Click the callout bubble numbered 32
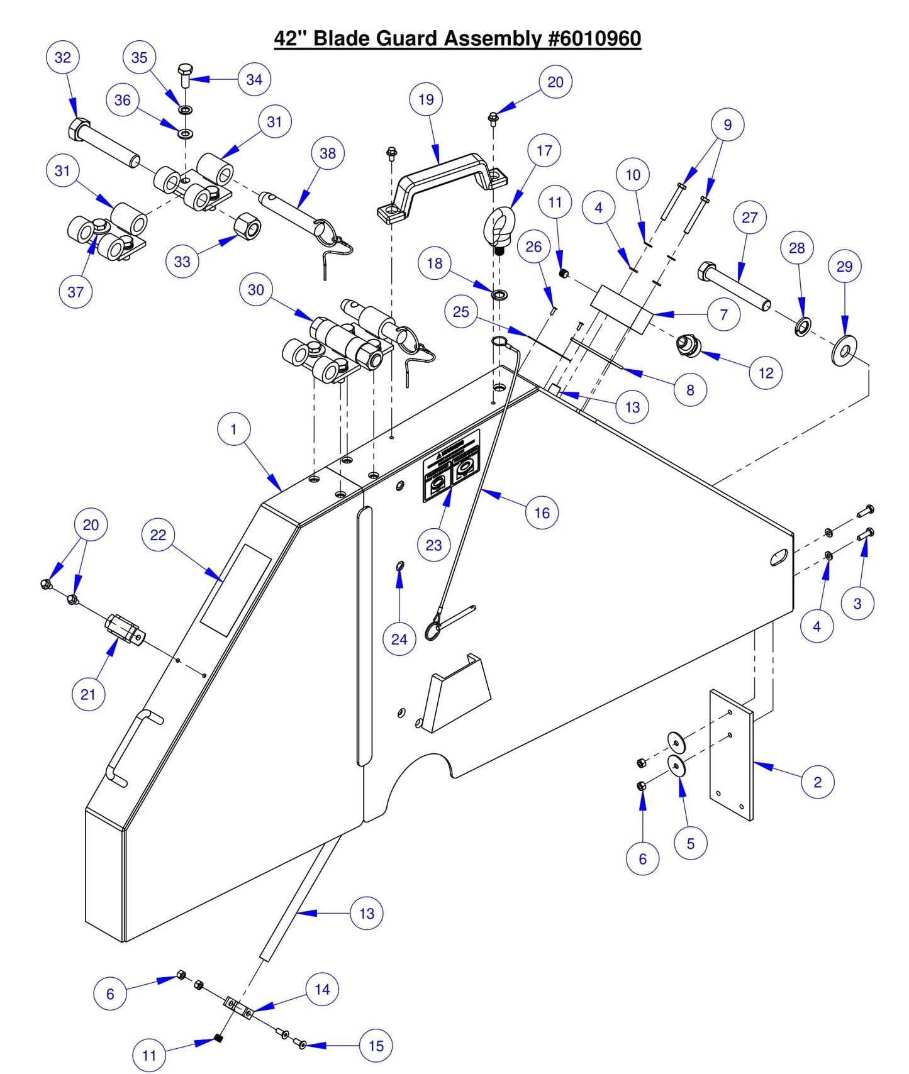(63, 57)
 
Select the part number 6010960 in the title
(594, 38)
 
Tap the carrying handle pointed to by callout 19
(440, 182)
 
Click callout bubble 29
(844, 267)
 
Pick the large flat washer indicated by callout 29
(844, 351)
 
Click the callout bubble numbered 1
(233, 429)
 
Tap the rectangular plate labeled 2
(731, 755)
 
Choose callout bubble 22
(158, 535)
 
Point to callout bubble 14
(322, 990)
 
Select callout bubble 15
(376, 1046)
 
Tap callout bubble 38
(328, 153)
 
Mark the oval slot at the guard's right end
(779, 557)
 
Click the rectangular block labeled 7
(622, 309)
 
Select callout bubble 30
(256, 290)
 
